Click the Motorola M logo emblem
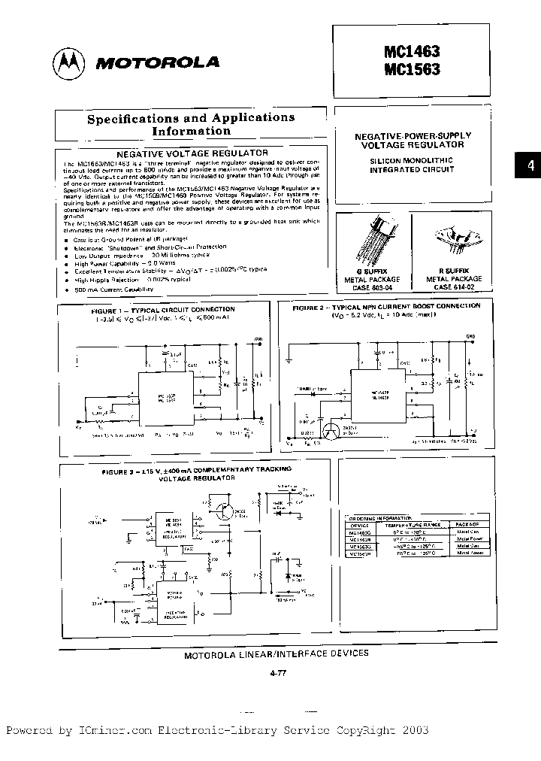[x=69, y=62]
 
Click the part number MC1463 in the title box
[x=412, y=52]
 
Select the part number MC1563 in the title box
[x=412, y=70]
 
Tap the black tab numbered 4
[x=530, y=166]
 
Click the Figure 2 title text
[x=387, y=307]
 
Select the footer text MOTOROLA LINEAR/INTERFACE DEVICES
[x=277, y=654]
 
